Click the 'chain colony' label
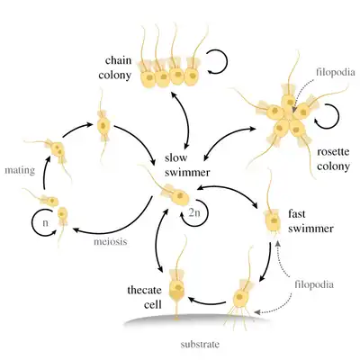click(115, 67)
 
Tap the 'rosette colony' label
click(333, 159)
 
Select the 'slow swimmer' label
click(187, 166)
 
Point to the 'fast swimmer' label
click(310, 221)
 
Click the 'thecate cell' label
click(145, 297)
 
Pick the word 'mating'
click(20, 171)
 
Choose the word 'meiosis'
click(111, 241)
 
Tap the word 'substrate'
click(200, 345)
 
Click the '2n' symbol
click(194, 212)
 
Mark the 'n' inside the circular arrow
click(45, 223)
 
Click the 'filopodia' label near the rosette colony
click(336, 72)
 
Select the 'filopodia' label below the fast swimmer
click(314, 284)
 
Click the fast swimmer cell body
click(273, 221)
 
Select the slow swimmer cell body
click(179, 197)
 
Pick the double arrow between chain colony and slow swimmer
click(186, 120)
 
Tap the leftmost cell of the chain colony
click(148, 78)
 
